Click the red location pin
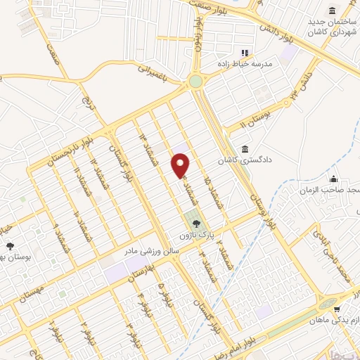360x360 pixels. [x=181, y=165]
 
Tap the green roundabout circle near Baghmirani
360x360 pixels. [x=195, y=82]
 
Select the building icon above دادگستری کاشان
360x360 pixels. [x=244, y=149]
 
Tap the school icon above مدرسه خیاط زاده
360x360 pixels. [x=245, y=52]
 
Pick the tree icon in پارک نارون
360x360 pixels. [x=195, y=221]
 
